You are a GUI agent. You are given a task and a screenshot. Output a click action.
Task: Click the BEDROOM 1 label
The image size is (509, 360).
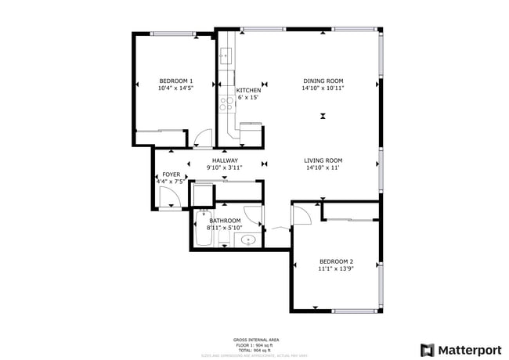(175, 81)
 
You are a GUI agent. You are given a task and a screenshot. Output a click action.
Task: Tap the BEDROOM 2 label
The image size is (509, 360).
(336, 261)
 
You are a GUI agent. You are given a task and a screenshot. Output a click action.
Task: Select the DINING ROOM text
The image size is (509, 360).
(323, 81)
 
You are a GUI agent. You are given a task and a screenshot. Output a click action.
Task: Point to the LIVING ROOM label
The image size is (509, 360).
(323, 160)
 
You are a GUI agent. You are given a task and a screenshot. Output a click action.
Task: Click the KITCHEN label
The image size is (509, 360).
(248, 90)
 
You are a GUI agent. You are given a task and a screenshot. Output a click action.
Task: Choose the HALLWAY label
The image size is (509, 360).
(225, 160)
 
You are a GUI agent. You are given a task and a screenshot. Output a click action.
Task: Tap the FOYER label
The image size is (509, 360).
(171, 175)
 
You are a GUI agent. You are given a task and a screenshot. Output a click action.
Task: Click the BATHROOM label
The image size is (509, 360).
(225, 221)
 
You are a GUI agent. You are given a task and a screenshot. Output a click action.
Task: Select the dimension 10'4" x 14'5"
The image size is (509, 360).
(175, 88)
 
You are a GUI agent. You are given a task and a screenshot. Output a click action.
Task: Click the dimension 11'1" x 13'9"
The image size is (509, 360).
(336, 268)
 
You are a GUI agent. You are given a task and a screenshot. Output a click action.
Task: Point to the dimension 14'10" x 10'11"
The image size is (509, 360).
(323, 88)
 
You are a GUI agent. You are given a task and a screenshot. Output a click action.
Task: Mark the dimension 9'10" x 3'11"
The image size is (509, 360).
(225, 167)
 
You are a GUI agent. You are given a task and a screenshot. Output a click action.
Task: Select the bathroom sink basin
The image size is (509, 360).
(249, 240)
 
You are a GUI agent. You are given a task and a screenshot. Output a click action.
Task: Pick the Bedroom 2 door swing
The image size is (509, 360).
(302, 213)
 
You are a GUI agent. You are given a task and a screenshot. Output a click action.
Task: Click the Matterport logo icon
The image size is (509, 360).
(428, 350)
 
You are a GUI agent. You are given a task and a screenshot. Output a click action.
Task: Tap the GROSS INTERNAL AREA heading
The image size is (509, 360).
(257, 340)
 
